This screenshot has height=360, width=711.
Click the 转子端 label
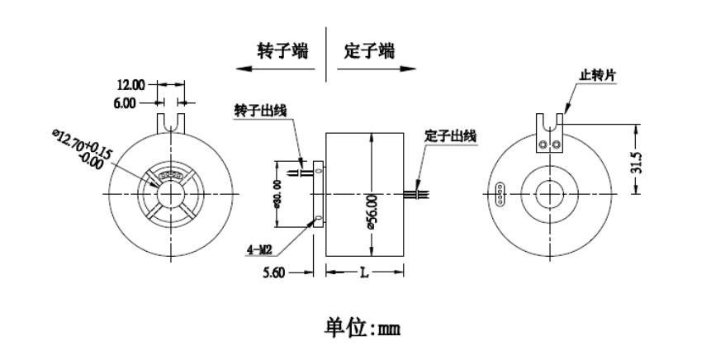click(x=282, y=51)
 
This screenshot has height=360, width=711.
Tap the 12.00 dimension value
click(x=130, y=84)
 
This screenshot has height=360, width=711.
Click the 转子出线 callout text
click(x=262, y=111)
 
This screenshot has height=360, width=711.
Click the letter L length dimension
click(x=364, y=272)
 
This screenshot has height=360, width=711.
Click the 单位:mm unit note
click(x=356, y=330)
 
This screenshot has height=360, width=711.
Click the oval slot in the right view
click(x=498, y=194)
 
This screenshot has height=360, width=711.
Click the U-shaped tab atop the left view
click(x=169, y=121)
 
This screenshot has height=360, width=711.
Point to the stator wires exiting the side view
click(x=418, y=194)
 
